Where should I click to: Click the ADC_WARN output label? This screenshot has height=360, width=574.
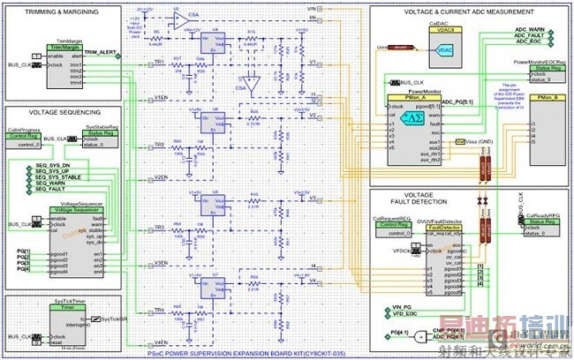(x=531, y=29)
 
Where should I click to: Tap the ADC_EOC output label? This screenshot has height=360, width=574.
(x=529, y=45)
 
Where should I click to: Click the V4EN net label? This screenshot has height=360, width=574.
(x=161, y=341)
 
